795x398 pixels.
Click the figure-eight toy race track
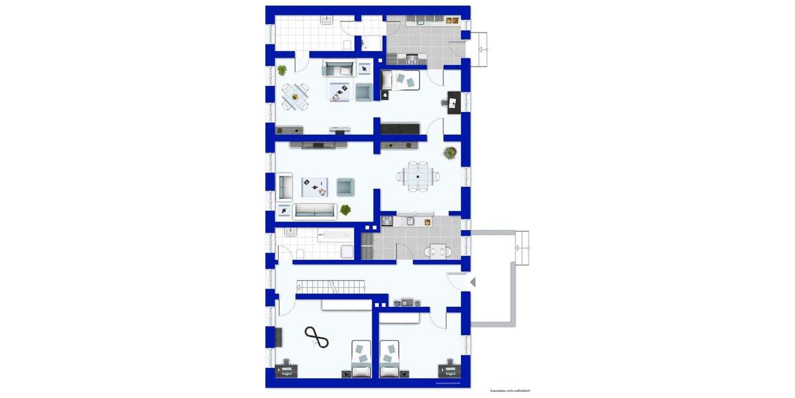(x=317, y=338)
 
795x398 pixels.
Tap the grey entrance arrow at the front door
(x=472, y=282)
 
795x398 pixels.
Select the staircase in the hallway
(x=331, y=287)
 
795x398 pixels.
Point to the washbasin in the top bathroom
(x=327, y=21)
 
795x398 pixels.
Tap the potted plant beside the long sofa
(x=345, y=210)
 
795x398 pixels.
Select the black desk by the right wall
(x=454, y=103)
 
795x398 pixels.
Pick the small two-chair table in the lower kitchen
(x=438, y=250)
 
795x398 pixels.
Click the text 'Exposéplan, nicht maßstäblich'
(x=510, y=391)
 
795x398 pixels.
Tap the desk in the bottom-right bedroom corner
(x=449, y=369)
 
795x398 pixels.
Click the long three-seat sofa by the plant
(x=315, y=212)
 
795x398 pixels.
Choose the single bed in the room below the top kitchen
(x=401, y=80)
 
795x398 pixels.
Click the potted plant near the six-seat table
(x=450, y=153)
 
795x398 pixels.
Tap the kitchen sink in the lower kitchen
(x=411, y=222)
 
